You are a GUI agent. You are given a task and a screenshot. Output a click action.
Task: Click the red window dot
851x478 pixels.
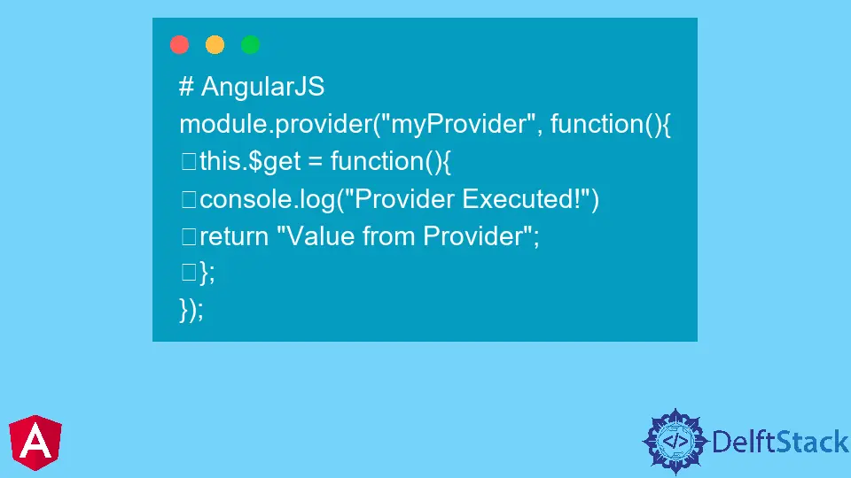point(179,44)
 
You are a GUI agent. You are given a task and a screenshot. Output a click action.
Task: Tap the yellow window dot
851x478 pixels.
point(215,44)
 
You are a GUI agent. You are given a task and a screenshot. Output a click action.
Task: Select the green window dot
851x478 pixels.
point(250,44)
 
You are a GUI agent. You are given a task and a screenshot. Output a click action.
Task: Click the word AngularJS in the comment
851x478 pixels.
point(262,87)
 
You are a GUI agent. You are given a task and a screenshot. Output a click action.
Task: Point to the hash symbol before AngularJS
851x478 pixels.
point(186,87)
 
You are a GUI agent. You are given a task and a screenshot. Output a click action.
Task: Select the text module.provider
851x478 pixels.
point(276,124)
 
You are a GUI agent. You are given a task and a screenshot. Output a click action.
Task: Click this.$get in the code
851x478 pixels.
point(250,161)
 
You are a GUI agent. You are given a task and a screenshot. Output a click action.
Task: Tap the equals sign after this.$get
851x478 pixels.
point(316,162)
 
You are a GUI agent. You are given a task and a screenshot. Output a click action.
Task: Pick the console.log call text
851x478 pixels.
point(399,199)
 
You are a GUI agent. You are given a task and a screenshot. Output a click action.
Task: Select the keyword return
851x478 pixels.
point(234,237)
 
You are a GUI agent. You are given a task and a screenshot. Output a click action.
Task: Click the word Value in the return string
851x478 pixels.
point(316,236)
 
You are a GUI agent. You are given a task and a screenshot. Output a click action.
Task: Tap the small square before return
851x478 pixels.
point(189,237)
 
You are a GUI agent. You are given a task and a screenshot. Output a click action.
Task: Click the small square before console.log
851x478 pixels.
point(189,199)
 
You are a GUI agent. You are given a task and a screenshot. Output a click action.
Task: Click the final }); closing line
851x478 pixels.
point(191,310)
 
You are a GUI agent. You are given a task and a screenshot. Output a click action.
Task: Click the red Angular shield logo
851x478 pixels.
point(35,443)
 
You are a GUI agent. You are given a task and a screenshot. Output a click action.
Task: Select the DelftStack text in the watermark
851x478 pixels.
point(780,442)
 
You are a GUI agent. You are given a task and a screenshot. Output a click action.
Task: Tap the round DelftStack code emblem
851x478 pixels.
point(675,441)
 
